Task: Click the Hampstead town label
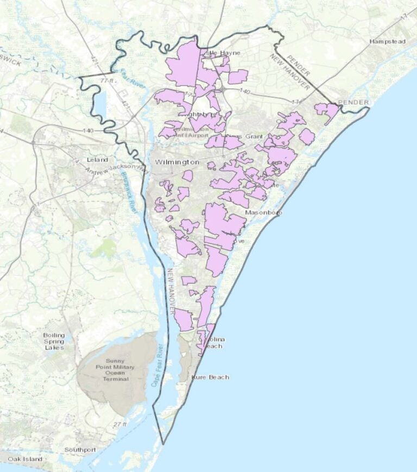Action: tap(387, 41)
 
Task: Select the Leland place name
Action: tap(98, 160)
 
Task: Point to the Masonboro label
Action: tap(263, 212)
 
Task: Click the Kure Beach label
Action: tap(211, 377)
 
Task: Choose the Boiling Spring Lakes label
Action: tap(54, 341)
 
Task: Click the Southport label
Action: tap(80, 450)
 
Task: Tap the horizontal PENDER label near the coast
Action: tap(353, 102)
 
